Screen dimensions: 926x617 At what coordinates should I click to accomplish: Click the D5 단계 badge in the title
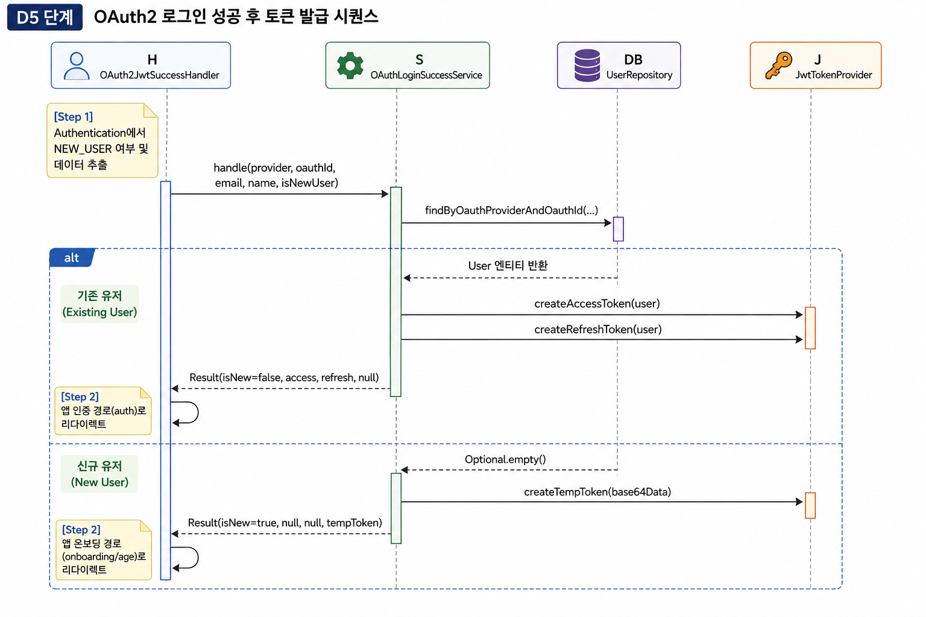coord(45,17)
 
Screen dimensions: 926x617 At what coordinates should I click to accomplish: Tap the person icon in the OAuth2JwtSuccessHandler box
coord(77,66)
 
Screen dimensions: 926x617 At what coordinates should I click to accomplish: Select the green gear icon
coord(350,65)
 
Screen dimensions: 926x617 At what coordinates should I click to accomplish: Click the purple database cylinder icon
coord(587,65)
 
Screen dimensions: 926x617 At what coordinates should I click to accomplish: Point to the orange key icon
coord(778,65)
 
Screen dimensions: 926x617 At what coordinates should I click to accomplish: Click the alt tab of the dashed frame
coord(72,257)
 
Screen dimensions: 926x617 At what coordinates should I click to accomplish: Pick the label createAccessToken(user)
coord(597,304)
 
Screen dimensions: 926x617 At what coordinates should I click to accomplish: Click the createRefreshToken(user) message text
coord(598,330)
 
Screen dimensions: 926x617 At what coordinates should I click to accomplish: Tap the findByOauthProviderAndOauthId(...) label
coord(511,210)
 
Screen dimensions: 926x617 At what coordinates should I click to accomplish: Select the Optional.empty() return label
coord(505,459)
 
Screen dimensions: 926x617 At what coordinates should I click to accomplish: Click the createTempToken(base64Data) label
coord(597,492)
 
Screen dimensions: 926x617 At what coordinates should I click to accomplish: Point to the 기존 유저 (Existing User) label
coord(99,304)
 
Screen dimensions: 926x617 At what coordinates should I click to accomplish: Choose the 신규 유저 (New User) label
coord(99,474)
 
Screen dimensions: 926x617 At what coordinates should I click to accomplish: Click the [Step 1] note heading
coord(73,117)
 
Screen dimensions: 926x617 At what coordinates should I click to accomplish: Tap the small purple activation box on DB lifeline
coord(618,229)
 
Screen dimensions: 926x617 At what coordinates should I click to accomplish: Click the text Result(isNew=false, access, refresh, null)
coord(284,377)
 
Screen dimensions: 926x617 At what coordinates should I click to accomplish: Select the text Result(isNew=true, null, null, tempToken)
coord(285,523)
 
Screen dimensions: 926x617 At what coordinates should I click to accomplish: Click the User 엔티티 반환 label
coord(508,265)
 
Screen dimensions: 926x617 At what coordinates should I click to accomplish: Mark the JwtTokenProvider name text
coord(833,75)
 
